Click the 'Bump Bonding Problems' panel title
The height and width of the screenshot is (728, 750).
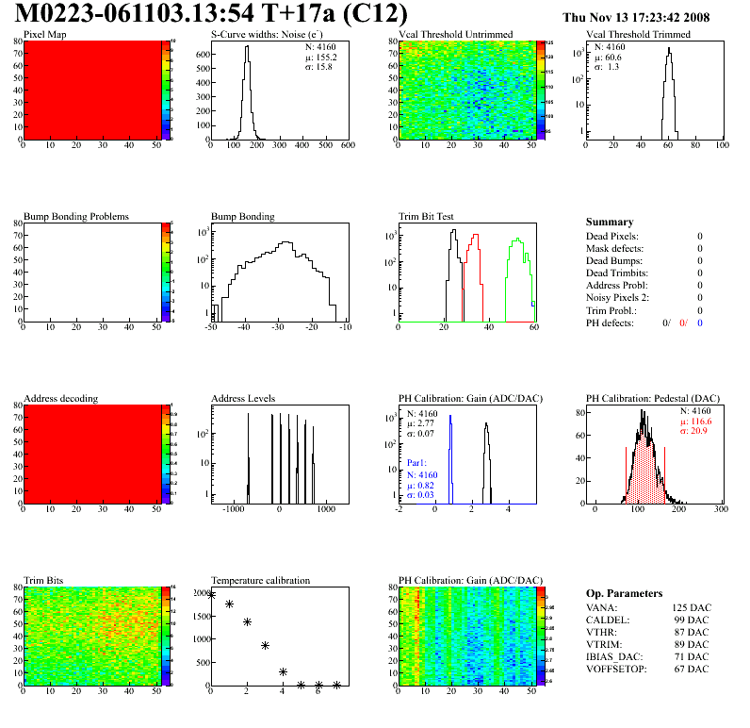[76, 217]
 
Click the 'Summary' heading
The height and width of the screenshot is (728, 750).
[610, 222]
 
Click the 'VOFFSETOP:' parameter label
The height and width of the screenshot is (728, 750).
[615, 670]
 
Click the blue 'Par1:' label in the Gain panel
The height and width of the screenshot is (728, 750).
[417, 463]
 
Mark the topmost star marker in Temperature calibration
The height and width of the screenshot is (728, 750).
[211, 595]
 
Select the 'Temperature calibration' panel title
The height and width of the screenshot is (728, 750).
[260, 581]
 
